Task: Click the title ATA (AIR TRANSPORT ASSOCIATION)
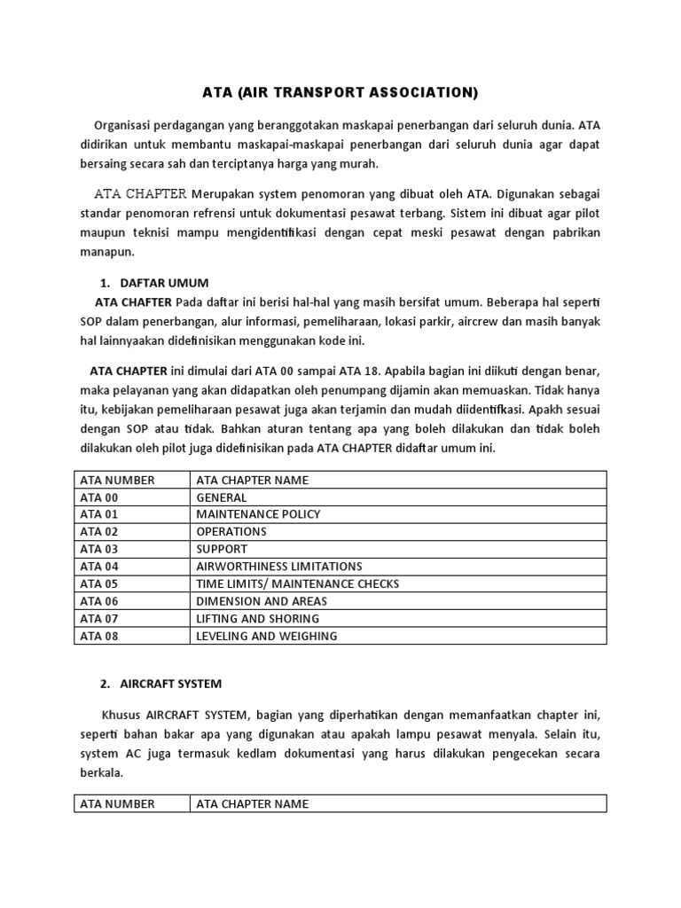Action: coord(340,91)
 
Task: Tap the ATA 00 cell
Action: coord(99,497)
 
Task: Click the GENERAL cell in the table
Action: coord(222,497)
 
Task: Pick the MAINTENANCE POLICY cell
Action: coord(258,514)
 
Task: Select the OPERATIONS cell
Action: coord(231,532)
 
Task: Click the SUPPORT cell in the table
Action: coord(222,549)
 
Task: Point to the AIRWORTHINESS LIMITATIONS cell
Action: coord(278,567)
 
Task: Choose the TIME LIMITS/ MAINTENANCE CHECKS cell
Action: coord(297,583)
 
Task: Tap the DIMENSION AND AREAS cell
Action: coord(262,601)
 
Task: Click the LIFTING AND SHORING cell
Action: coord(257,619)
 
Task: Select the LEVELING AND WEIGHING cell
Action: coord(266,636)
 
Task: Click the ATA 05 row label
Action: coord(99,583)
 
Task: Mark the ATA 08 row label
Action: coord(99,636)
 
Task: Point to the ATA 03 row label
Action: coord(99,549)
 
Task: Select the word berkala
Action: coord(103,772)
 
